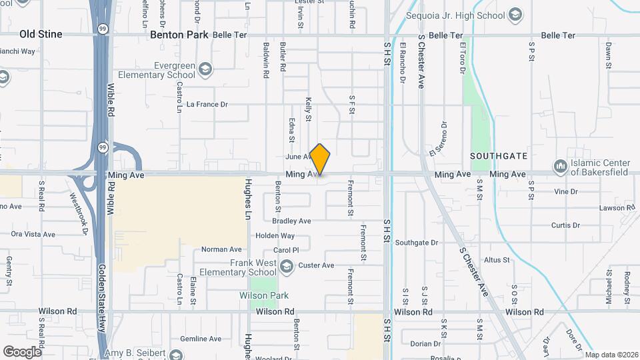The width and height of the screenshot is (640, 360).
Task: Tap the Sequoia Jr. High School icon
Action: (515, 14)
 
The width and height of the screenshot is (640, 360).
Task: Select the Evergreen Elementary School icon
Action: (206, 69)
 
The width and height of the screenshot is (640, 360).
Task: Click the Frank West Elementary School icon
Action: (287, 267)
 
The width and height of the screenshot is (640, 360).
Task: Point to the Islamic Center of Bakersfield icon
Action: (559, 165)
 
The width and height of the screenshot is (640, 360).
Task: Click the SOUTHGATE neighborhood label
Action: (499, 156)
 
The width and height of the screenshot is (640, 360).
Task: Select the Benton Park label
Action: (179, 35)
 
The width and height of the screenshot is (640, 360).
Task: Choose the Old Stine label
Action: (41, 34)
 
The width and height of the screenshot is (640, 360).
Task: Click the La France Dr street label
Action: (207, 105)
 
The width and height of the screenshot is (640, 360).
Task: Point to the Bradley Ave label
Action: (291, 221)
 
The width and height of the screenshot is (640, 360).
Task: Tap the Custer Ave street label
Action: (316, 265)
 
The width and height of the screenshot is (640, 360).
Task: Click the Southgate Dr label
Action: (416, 243)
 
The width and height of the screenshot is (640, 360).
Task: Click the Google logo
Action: (23, 351)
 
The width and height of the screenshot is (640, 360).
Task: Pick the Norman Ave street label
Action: (221, 250)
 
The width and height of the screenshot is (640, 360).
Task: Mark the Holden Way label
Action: (275, 235)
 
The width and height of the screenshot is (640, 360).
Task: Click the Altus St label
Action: (497, 259)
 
